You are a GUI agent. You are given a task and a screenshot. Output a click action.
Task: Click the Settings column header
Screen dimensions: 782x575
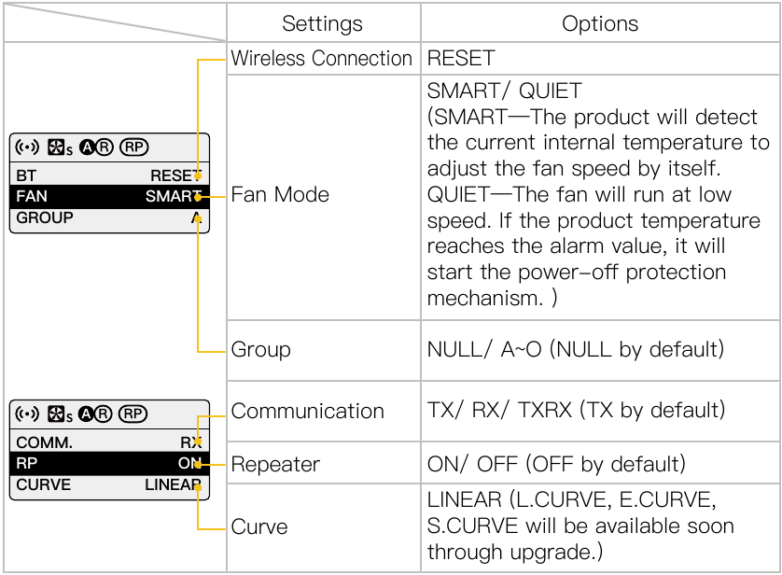coord(322,23)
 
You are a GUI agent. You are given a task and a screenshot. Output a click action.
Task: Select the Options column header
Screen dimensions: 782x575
coord(600,23)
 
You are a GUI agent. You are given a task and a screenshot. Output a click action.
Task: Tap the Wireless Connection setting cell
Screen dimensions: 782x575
coord(321,59)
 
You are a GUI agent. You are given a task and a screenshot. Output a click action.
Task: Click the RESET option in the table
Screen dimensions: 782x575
coord(461,59)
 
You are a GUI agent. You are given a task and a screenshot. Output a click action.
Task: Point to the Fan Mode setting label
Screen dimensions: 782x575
coord(280,194)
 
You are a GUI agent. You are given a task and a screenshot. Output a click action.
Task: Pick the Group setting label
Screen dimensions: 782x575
coord(260,350)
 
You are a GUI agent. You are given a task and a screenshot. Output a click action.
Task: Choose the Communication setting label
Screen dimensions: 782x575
coord(307,411)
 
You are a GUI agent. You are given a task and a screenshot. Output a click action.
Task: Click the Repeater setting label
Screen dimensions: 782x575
coord(275,464)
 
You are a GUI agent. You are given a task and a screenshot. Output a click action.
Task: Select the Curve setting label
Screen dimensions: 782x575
coord(259,526)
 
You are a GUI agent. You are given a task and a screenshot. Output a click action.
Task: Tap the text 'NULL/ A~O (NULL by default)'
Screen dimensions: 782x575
coord(576,350)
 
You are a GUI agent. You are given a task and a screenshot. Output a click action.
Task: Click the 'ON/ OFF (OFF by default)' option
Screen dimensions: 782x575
coord(556,464)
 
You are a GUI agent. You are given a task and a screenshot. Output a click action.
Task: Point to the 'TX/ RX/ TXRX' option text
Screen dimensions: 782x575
coord(499,411)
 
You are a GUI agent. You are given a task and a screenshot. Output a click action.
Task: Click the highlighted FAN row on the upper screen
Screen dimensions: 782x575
coord(109,196)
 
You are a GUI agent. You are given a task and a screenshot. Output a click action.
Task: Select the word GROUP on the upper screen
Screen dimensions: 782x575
coord(45,217)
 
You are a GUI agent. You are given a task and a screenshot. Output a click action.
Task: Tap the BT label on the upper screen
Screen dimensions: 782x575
coord(26,175)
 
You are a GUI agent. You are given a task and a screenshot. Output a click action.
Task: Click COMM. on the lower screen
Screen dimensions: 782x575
coord(44,442)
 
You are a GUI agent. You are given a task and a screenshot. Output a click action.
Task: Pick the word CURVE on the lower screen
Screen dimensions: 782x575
coord(43,484)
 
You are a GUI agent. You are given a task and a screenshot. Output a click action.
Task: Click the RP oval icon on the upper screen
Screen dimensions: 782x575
coord(134,147)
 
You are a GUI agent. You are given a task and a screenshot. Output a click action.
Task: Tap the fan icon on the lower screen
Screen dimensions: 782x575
coord(56,414)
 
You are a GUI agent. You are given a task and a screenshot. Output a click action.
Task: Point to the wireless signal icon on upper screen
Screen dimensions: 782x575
coord(27,147)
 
